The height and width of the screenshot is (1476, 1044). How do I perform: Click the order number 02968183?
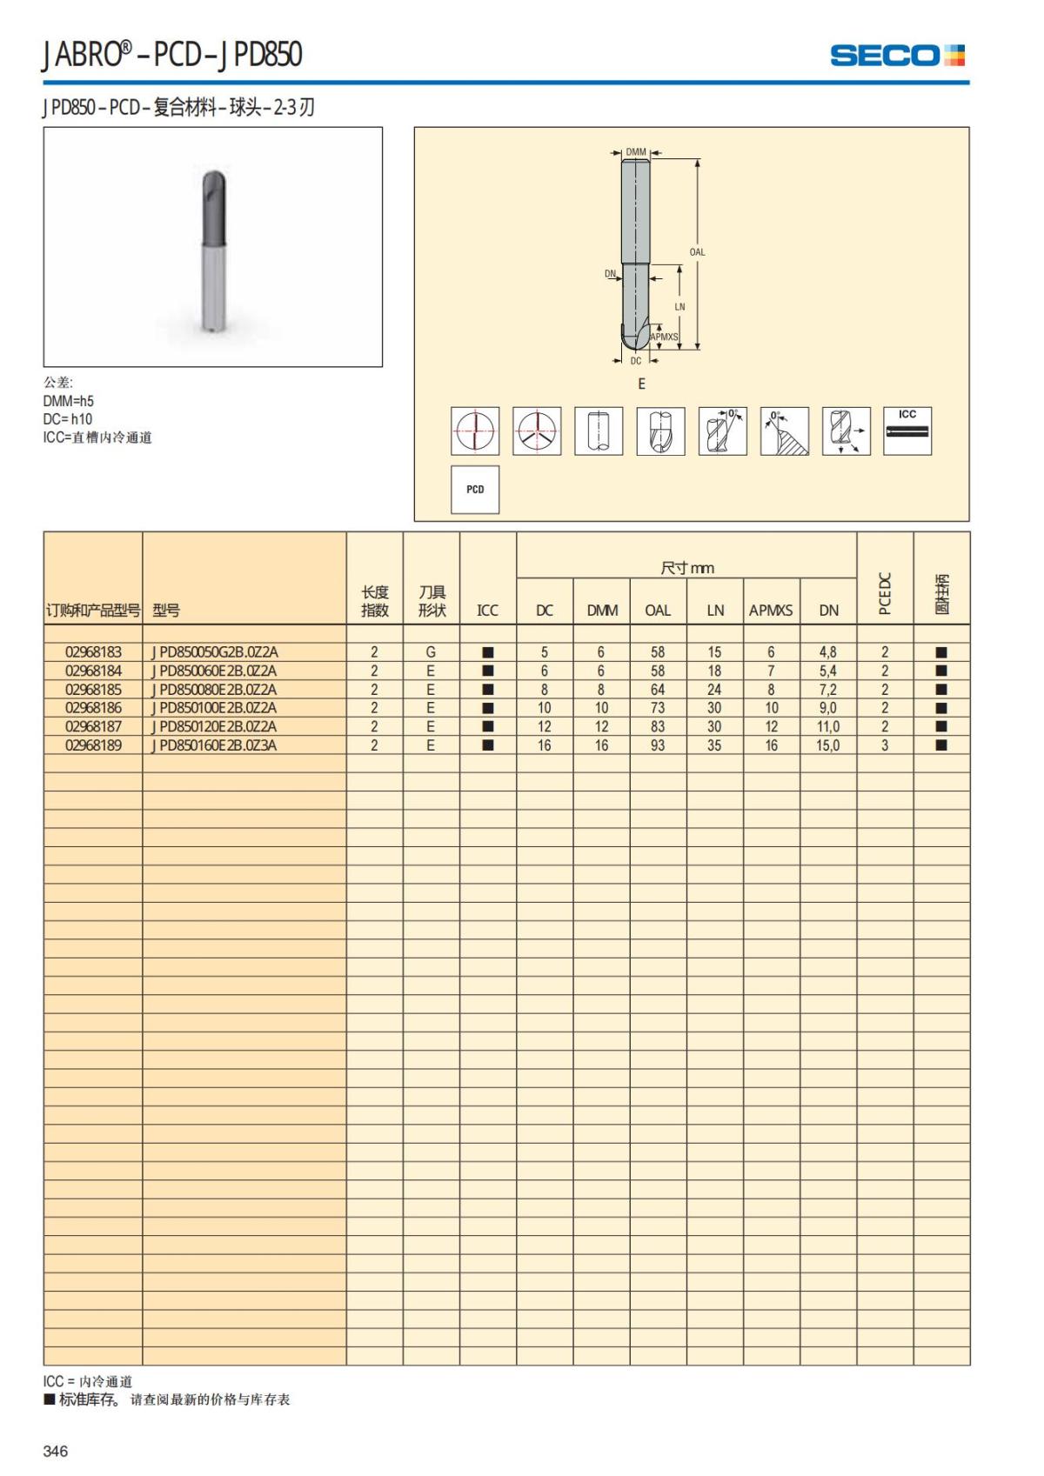pos(93,652)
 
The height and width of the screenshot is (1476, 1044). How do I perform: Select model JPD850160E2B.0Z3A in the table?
pos(214,745)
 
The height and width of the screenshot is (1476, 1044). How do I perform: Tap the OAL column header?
pos(658,611)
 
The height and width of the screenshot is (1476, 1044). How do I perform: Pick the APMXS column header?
pos(771,611)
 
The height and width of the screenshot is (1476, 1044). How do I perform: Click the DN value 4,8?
pos(827,652)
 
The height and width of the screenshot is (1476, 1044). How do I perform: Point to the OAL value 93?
pos(658,745)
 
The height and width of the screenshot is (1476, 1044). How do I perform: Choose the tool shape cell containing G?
pos(431,652)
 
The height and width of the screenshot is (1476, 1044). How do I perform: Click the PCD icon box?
pos(475,490)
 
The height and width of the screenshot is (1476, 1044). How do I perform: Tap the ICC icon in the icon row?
pos(907,431)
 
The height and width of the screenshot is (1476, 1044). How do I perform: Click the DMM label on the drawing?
pos(636,152)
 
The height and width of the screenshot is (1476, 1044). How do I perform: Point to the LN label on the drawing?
pos(679,307)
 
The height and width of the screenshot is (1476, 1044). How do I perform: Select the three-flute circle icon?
pos(537,431)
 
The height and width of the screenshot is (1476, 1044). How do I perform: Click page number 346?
pos(56,1451)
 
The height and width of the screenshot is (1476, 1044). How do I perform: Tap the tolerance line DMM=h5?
pos(69,401)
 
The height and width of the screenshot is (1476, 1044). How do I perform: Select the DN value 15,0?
pos(827,745)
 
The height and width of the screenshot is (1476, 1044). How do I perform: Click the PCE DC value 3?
pos(885,745)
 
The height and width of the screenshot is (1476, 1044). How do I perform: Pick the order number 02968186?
pos(93,708)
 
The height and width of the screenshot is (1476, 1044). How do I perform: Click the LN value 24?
pos(714,690)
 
